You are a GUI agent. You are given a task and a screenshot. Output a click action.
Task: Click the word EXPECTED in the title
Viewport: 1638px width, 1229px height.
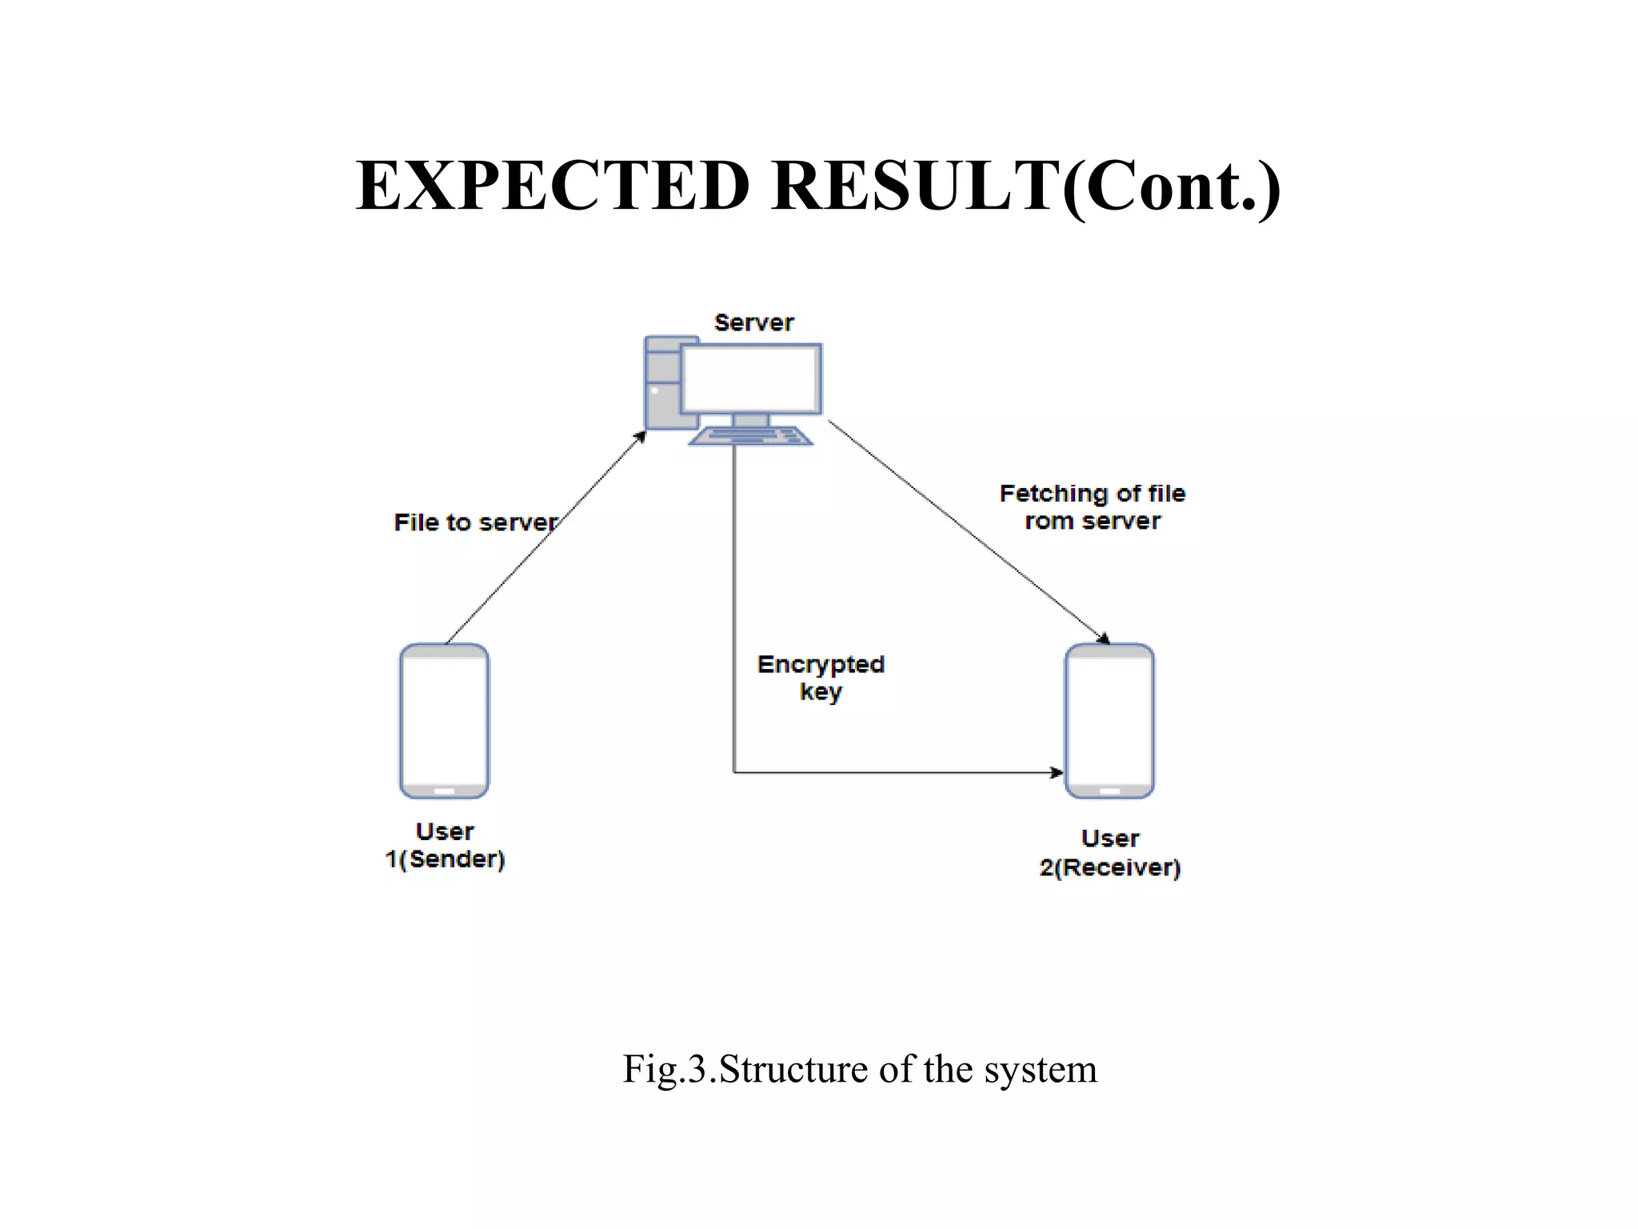click(x=553, y=186)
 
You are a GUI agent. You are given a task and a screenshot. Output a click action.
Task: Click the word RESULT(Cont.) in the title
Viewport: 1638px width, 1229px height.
click(x=1026, y=186)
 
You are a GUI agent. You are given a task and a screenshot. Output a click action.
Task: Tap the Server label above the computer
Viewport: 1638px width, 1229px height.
click(x=753, y=322)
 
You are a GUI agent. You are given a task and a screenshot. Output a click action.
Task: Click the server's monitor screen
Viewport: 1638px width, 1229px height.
click(x=751, y=379)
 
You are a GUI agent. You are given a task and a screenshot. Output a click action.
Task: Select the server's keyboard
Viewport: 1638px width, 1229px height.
click(x=750, y=436)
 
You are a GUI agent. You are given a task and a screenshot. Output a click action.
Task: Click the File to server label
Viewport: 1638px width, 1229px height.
click(x=475, y=522)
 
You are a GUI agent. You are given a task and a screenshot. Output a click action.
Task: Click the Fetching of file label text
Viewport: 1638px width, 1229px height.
click(x=1092, y=494)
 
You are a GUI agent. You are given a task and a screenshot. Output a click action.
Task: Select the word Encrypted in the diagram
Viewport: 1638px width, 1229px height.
click(x=821, y=664)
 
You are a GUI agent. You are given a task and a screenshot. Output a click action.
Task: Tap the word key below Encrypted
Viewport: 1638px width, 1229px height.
click(x=821, y=692)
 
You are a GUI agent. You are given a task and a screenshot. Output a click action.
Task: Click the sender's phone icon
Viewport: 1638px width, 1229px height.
click(x=444, y=720)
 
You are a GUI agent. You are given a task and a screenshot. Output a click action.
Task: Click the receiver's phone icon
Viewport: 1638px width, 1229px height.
click(x=1109, y=720)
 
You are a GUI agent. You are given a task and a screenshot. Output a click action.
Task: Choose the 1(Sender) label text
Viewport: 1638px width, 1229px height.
click(x=445, y=859)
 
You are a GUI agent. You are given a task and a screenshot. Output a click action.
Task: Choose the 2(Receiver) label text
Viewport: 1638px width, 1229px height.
click(x=1109, y=867)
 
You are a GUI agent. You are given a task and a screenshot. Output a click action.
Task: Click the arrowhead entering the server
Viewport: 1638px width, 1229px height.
click(x=641, y=436)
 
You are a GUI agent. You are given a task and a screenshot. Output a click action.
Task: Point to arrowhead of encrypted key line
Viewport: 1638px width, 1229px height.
click(x=1057, y=772)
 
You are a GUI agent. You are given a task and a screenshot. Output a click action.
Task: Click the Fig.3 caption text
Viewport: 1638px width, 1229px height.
click(x=860, y=1069)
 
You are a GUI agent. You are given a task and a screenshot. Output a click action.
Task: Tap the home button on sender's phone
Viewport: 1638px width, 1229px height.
click(x=444, y=791)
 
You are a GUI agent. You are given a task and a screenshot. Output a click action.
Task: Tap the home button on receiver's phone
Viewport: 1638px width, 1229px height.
click(x=1109, y=791)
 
